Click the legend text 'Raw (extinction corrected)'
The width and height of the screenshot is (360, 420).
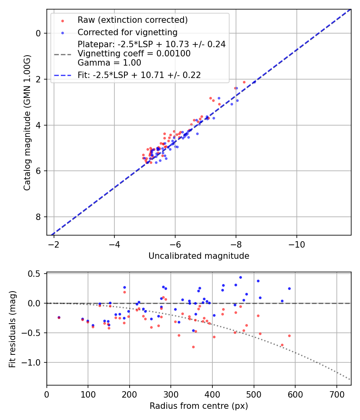(x=132, y=20)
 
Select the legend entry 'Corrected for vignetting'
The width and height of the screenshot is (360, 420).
(x=127, y=32)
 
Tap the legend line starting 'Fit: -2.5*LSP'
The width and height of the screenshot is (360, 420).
(x=139, y=75)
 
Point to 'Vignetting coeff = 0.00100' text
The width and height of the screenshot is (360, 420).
(x=134, y=54)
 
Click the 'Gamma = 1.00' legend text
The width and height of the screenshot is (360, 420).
(x=109, y=63)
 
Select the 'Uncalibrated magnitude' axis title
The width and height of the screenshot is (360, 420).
(x=199, y=256)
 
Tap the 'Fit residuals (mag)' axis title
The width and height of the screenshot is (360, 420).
(x=13, y=329)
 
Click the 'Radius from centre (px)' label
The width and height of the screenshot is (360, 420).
(x=199, y=406)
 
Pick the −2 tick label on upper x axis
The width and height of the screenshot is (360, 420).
(x=54, y=244)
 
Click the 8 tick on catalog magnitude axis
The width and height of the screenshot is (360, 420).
(x=39, y=217)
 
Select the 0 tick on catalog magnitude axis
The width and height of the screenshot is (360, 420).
(x=39, y=33)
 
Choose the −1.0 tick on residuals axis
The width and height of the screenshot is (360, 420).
(x=34, y=362)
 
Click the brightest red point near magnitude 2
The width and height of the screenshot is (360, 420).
(x=244, y=82)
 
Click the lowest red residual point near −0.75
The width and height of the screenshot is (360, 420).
(x=193, y=347)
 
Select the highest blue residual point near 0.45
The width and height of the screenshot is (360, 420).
(x=240, y=277)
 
